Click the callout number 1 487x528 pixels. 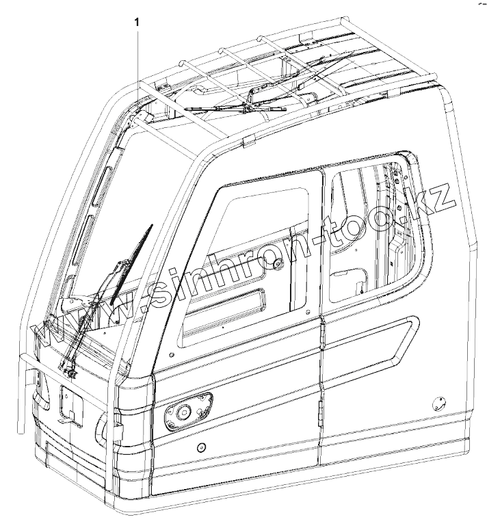[x=139, y=22]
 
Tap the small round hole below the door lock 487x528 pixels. [x=200, y=447]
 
